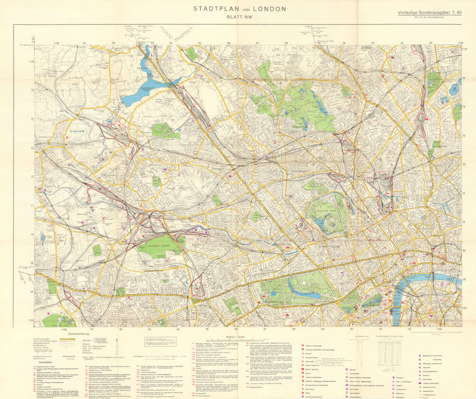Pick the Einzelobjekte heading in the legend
(x=45, y=362)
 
